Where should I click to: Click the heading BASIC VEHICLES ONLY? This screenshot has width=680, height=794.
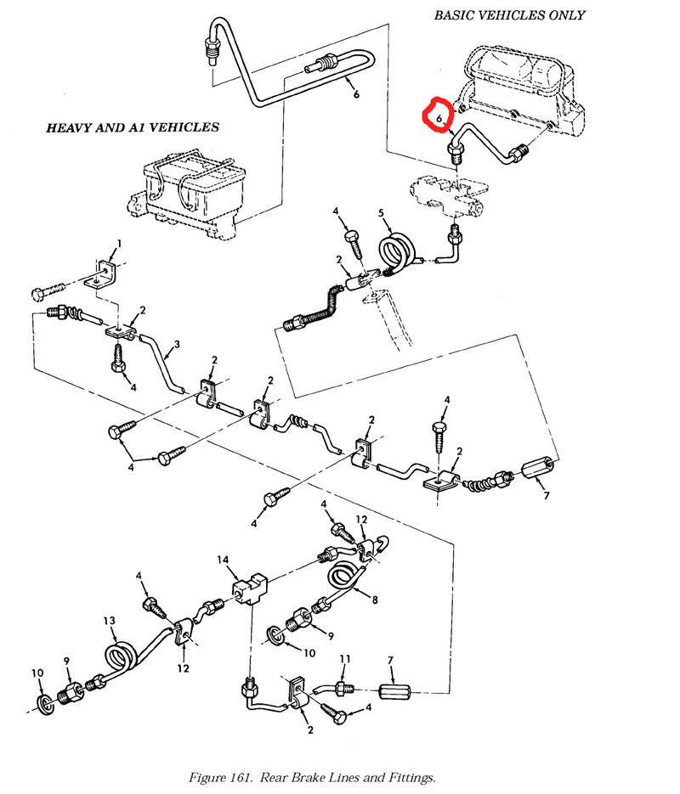tap(509, 15)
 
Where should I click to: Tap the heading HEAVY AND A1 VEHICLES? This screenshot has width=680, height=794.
tap(132, 127)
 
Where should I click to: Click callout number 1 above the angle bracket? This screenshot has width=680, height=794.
tap(119, 243)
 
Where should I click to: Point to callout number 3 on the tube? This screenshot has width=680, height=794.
tap(177, 346)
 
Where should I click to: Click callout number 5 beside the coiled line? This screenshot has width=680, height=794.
tap(382, 212)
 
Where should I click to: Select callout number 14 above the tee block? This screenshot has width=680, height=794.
tap(224, 560)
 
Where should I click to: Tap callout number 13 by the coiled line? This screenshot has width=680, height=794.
tap(109, 622)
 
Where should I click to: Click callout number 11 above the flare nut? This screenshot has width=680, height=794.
tap(345, 658)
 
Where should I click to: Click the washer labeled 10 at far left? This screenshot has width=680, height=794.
tap(44, 701)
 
